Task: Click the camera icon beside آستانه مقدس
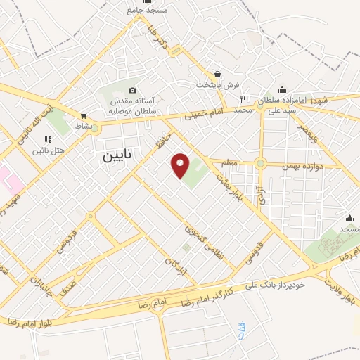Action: pos(133,90)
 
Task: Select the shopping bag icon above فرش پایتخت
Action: pos(217,74)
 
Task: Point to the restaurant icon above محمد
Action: pos(243,99)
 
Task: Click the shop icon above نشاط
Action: pos(84,116)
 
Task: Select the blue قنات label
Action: pos(243,334)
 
